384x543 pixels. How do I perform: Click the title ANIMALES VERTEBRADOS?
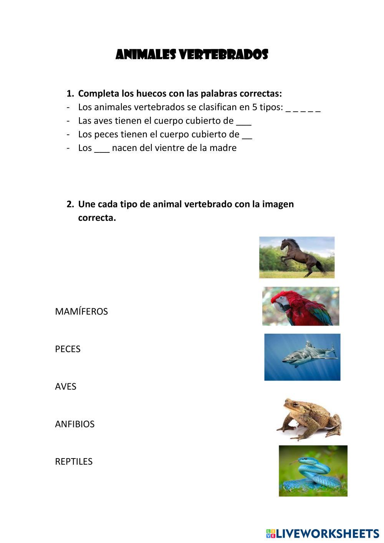192,55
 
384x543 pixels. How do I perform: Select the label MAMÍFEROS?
81,311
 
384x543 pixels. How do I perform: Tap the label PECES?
68,349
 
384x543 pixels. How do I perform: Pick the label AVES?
66,387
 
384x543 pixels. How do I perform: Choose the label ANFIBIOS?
74,424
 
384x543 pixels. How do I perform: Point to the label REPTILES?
74,462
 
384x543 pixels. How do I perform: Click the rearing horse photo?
297,257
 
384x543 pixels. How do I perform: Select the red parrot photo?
301,306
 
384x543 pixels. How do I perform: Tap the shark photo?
302,357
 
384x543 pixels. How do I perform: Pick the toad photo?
309,419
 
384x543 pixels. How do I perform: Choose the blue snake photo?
313,471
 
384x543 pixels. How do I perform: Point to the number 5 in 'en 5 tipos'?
255,107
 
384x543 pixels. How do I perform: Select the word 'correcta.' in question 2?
97,218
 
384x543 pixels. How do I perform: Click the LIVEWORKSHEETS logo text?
327,533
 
